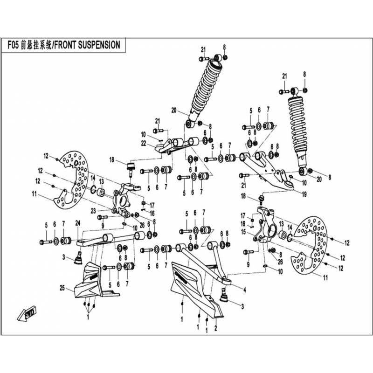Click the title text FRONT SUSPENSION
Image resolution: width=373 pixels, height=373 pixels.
tap(90, 45)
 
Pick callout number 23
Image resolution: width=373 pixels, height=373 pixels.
tap(93, 211)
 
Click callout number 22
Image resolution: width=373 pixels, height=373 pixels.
tap(144, 143)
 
